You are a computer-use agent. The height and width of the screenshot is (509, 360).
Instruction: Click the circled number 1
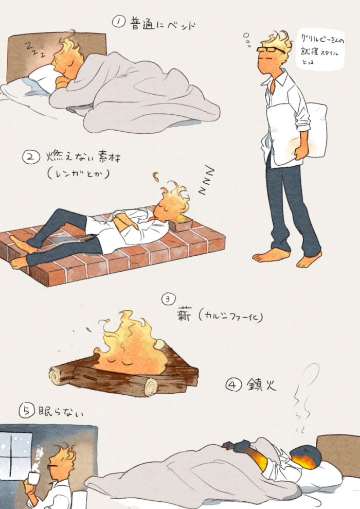pyautogui.click(x=118, y=22)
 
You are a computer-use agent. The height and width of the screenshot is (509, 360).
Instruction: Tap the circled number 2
pyautogui.click(x=31, y=157)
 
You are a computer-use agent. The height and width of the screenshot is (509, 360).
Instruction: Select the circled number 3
pyautogui.click(x=168, y=299)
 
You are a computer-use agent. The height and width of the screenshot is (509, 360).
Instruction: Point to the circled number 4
pyautogui.click(x=233, y=385)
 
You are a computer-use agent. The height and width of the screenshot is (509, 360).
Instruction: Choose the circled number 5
pyautogui.click(x=27, y=410)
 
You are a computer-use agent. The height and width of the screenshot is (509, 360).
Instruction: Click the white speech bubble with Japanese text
pyautogui.click(x=320, y=50)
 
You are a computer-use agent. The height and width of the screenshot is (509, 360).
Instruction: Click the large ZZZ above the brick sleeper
pyautogui.click(x=206, y=180)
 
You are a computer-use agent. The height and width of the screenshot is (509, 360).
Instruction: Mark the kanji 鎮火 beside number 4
pyautogui.click(x=261, y=384)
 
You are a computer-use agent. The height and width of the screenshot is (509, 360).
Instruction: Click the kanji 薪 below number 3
pyautogui.click(x=185, y=314)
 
